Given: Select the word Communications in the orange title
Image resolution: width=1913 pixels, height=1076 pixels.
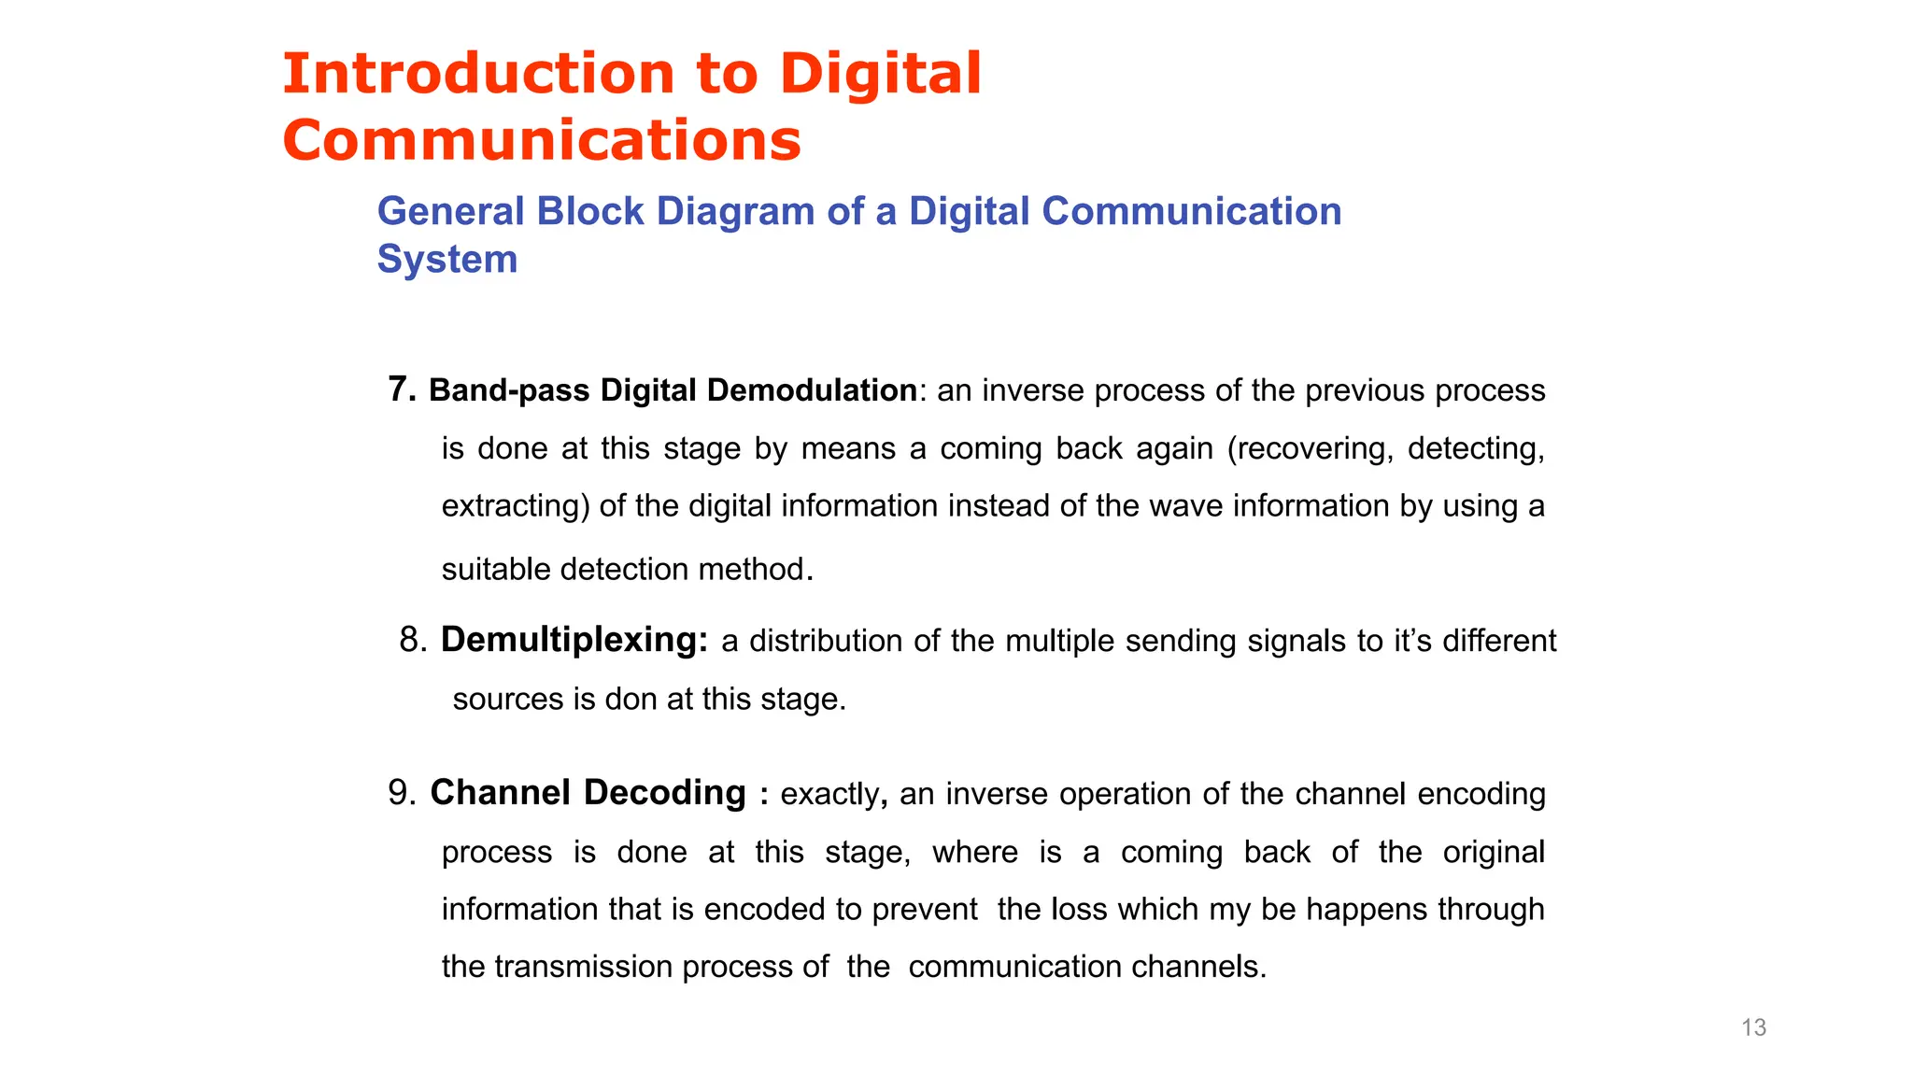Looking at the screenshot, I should coord(542,141).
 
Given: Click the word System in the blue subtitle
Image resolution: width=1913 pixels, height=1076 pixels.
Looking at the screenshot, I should coord(446,260).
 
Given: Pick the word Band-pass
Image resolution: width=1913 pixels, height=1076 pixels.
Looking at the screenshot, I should coord(509,390).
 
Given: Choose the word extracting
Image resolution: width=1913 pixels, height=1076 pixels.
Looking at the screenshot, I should coord(515,506).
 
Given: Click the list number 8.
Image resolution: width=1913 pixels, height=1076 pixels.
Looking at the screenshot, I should coord(411,641).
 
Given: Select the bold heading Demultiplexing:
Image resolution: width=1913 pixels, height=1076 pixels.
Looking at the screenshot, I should coord(574,641).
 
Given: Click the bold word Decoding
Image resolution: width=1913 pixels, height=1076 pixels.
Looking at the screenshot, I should coord(665,793).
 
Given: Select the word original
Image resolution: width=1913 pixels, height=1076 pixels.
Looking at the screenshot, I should coord(1493,852).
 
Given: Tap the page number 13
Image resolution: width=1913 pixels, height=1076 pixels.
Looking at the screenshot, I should coord(1753,1027).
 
